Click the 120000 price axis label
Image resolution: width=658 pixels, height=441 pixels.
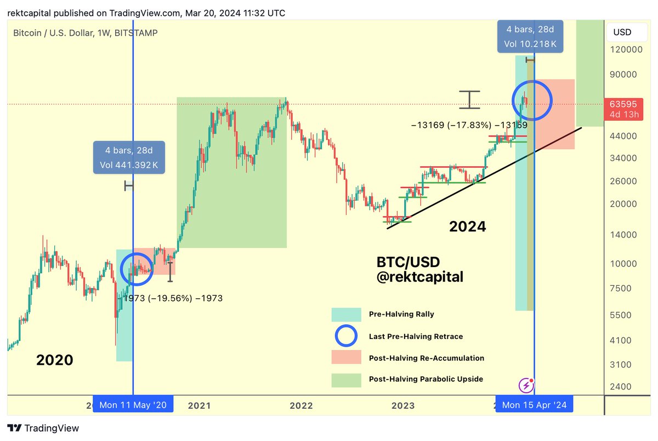coord(626,49)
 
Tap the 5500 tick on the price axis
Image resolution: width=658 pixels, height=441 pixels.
coord(624,315)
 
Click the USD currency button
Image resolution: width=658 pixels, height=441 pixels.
coord(622,32)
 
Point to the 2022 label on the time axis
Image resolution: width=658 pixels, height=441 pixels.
coord(301,405)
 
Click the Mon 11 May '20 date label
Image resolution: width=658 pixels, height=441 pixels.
coord(133,405)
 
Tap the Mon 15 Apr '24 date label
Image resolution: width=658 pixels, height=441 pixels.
coord(535,405)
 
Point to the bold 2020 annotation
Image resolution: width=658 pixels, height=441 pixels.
coord(55,360)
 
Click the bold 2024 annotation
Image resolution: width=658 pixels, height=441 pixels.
coord(468,226)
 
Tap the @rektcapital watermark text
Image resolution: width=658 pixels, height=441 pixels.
coord(420,278)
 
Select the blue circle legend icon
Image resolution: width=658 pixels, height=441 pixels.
coord(346,336)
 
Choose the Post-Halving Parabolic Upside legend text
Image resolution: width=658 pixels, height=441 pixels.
coord(426,379)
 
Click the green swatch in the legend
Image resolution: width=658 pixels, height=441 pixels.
coord(346,380)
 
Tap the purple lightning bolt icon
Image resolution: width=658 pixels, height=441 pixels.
coord(526,385)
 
